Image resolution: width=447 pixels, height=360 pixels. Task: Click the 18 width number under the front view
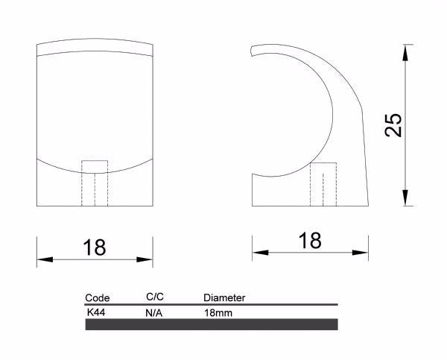click(95, 247)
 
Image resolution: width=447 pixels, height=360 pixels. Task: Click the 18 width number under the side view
click(310, 240)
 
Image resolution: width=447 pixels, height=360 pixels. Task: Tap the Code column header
click(98, 297)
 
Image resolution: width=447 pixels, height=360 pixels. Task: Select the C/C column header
click(155, 297)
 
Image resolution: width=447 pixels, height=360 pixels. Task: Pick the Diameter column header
click(224, 298)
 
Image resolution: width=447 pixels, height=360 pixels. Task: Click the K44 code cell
click(96, 313)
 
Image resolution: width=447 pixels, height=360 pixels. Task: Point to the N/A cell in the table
click(154, 314)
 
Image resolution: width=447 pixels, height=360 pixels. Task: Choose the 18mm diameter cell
click(218, 314)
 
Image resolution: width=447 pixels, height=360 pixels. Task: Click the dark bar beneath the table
click(212, 324)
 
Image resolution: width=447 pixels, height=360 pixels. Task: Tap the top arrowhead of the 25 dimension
click(405, 50)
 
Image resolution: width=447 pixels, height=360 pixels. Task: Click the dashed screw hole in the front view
click(95, 183)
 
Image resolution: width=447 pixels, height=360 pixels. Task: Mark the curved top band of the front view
click(95, 45)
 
